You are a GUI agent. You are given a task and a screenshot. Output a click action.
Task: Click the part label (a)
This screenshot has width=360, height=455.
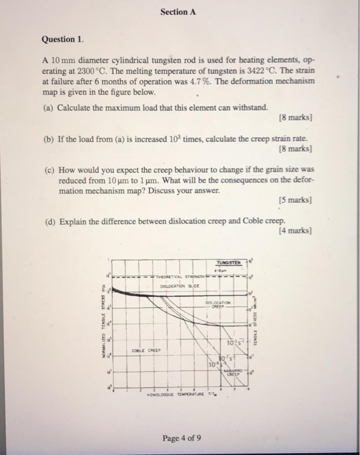[x=50, y=107]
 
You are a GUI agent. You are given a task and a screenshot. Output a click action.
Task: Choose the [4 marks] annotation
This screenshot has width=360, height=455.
[x=295, y=231]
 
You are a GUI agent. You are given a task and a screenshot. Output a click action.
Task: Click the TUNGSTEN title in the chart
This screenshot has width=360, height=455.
[x=227, y=263]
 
